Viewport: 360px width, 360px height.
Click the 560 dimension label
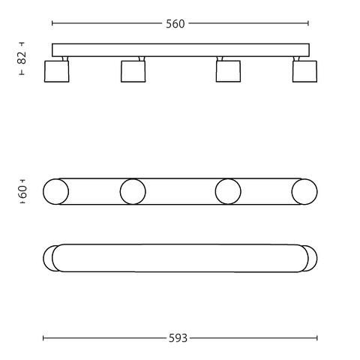click(175, 24)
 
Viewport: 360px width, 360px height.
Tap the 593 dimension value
click(178, 338)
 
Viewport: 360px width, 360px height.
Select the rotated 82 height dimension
click(22, 58)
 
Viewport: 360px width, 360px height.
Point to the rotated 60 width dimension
click(22, 191)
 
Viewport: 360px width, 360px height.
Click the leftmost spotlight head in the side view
click(57, 71)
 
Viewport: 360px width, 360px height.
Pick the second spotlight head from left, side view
click(133, 71)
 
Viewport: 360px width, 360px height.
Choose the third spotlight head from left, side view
click(228, 71)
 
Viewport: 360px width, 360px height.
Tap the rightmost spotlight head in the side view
click(304, 71)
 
